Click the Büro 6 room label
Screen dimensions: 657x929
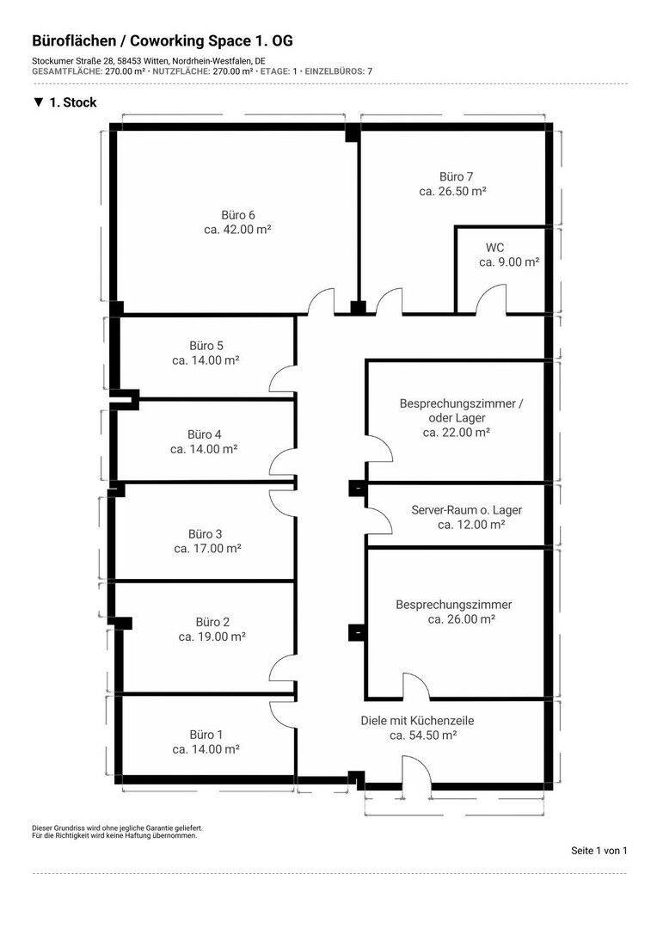click(237, 215)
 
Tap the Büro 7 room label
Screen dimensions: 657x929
click(456, 176)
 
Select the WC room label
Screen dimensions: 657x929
click(494, 248)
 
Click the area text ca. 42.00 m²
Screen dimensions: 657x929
click(237, 230)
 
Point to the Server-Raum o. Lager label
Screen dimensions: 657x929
click(467, 509)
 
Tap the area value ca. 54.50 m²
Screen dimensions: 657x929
click(423, 735)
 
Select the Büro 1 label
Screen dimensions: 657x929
click(206, 735)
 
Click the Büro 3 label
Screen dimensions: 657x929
click(205, 534)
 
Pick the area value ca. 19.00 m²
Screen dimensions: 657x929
click(212, 637)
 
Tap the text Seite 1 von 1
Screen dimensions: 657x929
click(599, 850)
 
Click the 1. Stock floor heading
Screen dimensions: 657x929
click(65, 102)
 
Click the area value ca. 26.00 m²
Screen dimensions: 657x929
click(462, 619)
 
